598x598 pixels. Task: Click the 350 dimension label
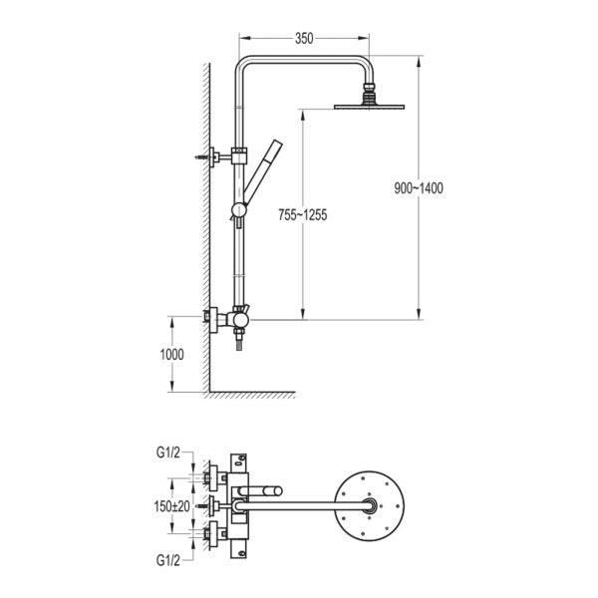point(304,39)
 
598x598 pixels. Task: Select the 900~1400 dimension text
point(419,188)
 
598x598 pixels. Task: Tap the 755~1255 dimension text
point(302,215)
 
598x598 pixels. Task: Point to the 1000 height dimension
point(171,355)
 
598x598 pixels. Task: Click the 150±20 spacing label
point(172,506)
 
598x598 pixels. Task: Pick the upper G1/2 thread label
point(167,452)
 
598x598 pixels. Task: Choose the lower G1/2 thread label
point(167,561)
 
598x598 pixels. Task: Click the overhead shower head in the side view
point(369,106)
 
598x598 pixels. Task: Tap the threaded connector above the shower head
point(369,93)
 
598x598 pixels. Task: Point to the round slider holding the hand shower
point(239,211)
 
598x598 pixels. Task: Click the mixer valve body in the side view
point(239,320)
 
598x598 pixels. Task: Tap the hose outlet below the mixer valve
point(239,340)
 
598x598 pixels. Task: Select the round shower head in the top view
point(369,506)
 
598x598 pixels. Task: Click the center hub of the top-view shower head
point(369,506)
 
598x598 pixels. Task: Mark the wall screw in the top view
point(202,506)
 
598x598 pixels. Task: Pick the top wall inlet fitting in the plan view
point(216,477)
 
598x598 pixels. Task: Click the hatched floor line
point(252,395)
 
